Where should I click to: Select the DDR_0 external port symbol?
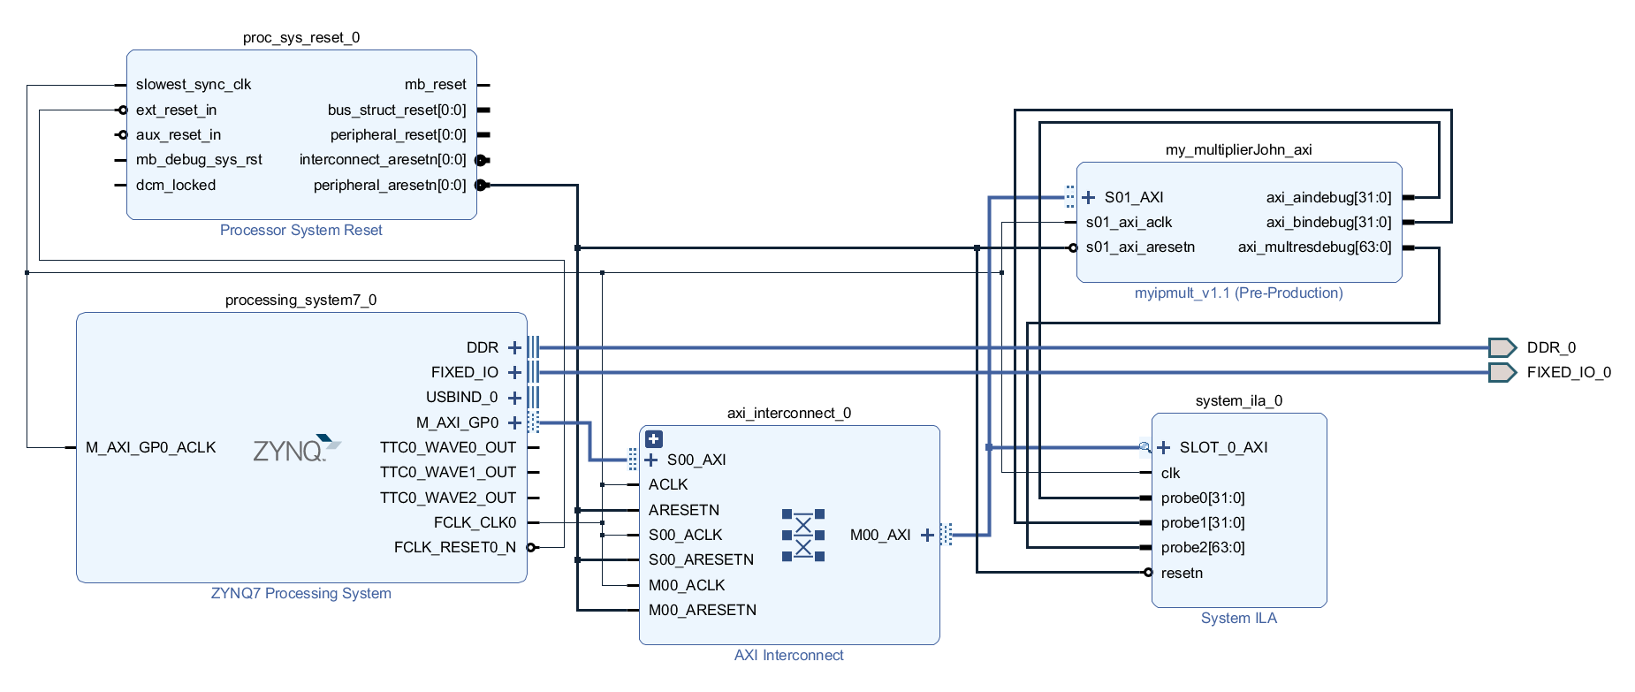(1502, 347)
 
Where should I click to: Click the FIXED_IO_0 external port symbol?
(1502, 372)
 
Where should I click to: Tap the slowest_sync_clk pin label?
(194, 85)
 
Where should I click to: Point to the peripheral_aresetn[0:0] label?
(389, 185)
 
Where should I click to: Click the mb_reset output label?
(435, 85)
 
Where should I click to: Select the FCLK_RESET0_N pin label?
(454, 547)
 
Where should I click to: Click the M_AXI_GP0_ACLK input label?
(150, 447)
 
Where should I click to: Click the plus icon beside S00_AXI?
(651, 460)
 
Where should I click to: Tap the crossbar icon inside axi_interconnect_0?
(802, 536)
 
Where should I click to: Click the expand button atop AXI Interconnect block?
(654, 438)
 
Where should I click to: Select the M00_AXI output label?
(879, 535)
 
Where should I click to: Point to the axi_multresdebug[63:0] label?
(1314, 247)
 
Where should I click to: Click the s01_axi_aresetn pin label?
(1140, 247)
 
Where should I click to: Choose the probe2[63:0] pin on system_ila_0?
(1202, 547)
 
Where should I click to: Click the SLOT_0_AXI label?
(1223, 447)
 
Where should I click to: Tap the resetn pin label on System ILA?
(1182, 573)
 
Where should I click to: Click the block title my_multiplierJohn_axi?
(1238, 149)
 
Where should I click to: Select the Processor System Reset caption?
(300, 230)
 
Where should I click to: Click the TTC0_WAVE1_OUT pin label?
(447, 472)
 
